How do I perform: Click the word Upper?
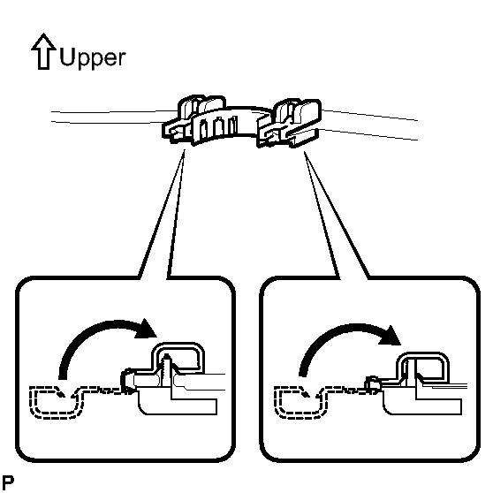(x=93, y=58)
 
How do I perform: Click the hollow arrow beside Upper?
(x=43, y=51)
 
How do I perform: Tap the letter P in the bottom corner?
(x=8, y=482)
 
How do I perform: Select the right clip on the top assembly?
(x=289, y=124)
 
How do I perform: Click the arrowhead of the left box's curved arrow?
(x=146, y=329)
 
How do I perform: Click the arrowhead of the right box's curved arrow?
(x=390, y=335)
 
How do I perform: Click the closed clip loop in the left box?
(x=178, y=356)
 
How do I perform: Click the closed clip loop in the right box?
(x=422, y=365)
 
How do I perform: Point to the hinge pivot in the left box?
(x=128, y=381)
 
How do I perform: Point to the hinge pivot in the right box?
(x=372, y=383)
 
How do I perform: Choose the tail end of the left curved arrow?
(x=63, y=378)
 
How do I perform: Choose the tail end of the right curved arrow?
(x=302, y=375)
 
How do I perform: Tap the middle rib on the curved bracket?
(x=219, y=129)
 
